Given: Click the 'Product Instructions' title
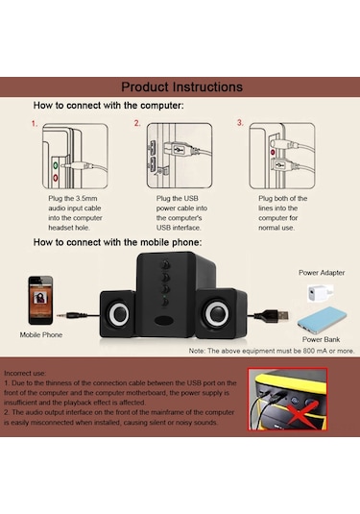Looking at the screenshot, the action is pos(181,86).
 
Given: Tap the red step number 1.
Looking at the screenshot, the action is pos(35,124).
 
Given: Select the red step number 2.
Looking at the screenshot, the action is pos(137,123).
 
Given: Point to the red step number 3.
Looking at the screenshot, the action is pos(240,123).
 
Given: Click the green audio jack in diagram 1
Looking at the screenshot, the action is pos(56,165).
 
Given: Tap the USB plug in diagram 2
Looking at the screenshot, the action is pos(180,150).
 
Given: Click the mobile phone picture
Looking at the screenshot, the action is pos(40,301).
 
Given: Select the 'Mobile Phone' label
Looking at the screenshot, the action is pos(41,334).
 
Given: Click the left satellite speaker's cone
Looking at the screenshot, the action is pos(118,313).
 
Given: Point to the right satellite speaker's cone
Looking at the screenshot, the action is pos(217,313).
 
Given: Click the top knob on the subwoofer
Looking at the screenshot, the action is pos(165,264).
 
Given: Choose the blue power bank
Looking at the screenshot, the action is pos(322,320).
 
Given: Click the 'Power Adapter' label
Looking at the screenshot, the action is pos(322,273).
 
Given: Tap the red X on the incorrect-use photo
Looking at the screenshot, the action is pos(300,411).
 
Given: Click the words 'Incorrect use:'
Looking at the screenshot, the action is pos(25,373).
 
